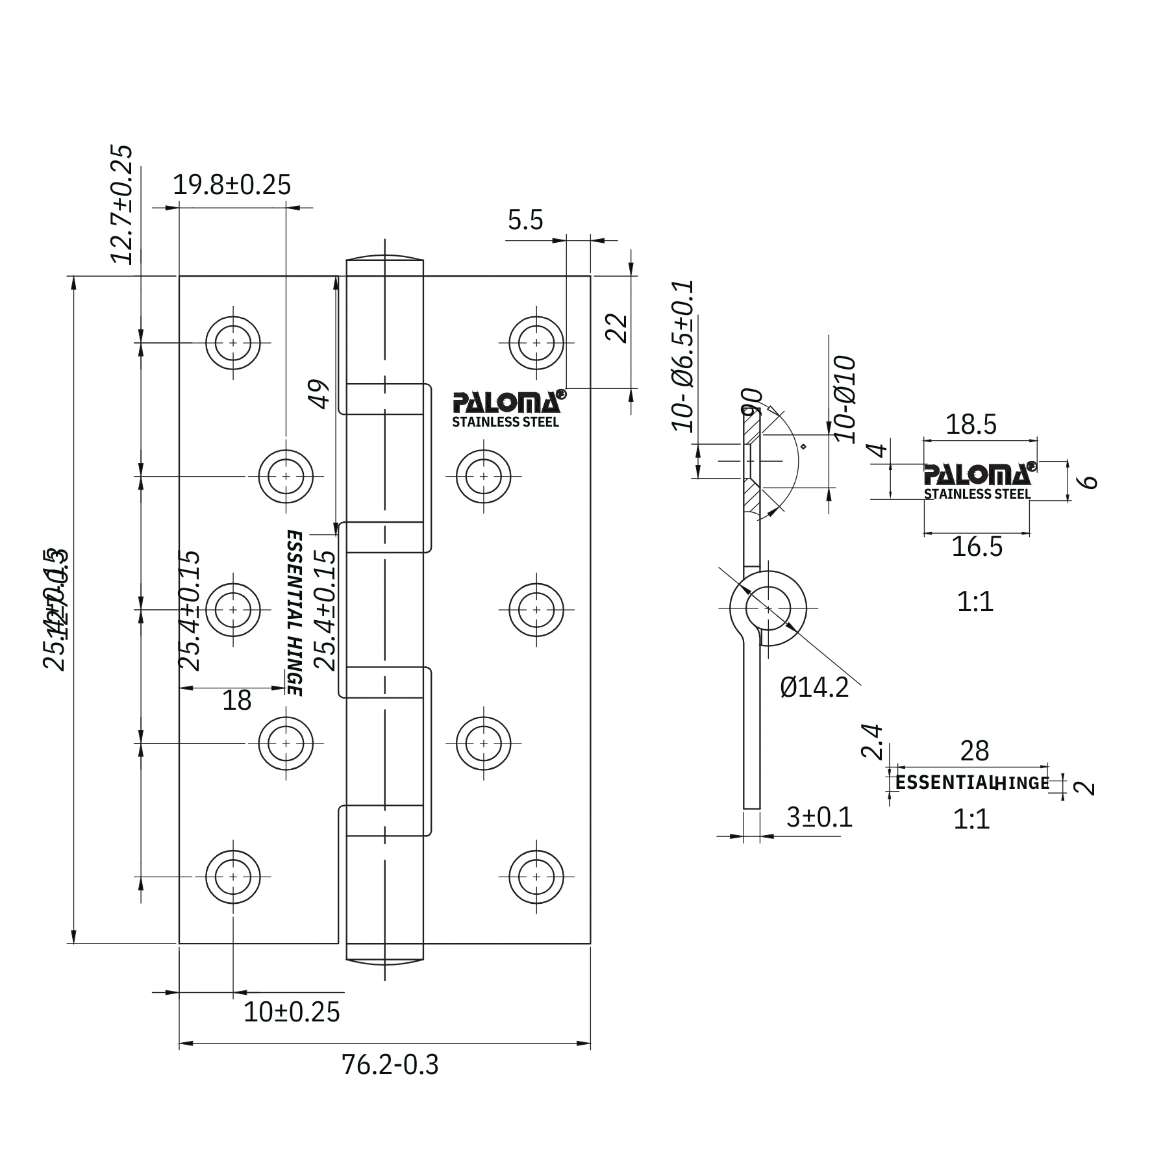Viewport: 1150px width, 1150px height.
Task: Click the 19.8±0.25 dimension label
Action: pos(232,185)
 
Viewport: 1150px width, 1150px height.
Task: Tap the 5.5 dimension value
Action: pos(525,221)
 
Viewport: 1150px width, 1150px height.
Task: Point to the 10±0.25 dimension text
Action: pos(292,1012)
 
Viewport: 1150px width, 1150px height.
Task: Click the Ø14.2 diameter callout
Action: pos(814,687)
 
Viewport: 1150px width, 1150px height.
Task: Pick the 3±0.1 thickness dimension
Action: pos(819,818)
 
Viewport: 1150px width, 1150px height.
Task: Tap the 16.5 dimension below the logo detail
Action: pos(977,547)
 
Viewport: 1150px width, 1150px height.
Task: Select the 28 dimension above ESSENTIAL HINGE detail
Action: pos(974,751)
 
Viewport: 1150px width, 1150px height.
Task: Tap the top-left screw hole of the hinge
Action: pos(233,342)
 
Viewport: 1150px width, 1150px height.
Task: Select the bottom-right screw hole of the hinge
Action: pos(536,877)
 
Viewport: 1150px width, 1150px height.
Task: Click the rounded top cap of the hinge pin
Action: pos(385,257)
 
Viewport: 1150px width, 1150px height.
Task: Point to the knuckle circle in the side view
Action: pos(768,609)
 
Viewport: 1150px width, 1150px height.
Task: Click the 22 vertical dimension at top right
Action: pos(617,328)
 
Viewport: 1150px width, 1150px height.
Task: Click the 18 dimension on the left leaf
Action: pos(236,701)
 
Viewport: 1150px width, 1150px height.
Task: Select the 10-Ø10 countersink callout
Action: pos(845,400)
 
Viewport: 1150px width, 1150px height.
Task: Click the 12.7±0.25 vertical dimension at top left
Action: pos(121,204)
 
